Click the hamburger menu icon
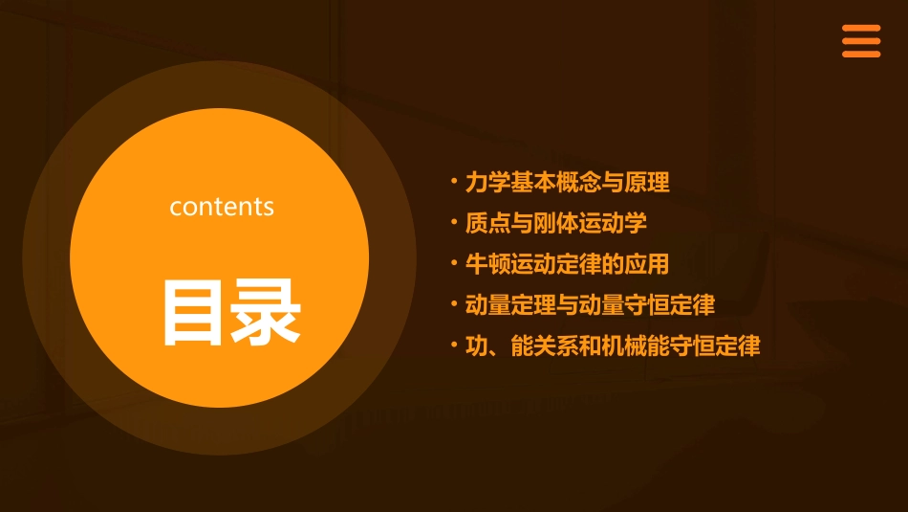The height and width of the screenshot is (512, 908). [x=861, y=41]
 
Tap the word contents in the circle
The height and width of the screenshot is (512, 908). [x=222, y=207]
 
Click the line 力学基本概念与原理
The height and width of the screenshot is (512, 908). [x=567, y=182]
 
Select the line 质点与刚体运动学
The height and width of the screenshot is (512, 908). [x=555, y=223]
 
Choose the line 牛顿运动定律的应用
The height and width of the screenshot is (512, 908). [x=567, y=264]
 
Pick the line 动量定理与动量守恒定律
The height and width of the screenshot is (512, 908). [x=590, y=305]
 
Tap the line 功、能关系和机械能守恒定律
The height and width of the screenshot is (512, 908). [x=613, y=346]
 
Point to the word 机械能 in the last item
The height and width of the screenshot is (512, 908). [x=635, y=346]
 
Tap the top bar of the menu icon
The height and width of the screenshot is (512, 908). [x=861, y=29]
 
